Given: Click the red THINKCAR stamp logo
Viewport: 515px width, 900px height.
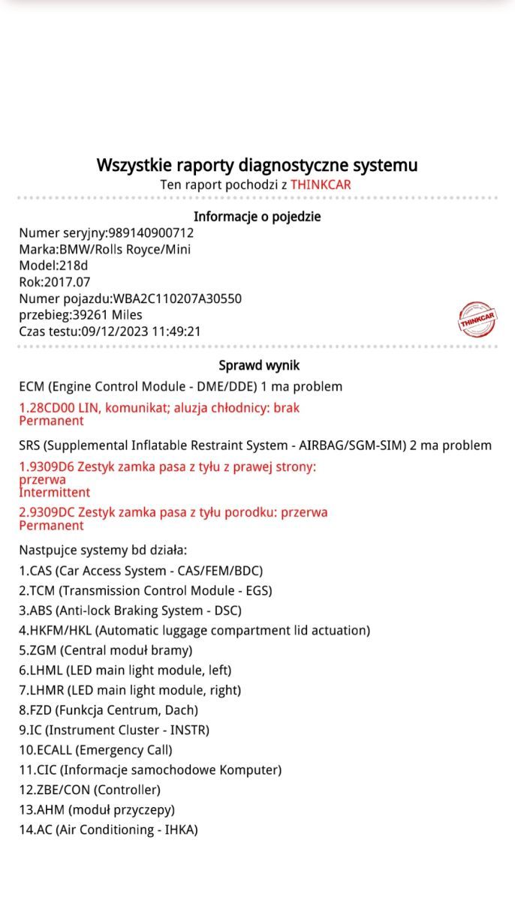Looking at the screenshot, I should pyautogui.click(x=477, y=319).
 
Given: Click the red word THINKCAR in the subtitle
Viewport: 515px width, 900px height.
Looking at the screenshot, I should pyautogui.click(x=321, y=184).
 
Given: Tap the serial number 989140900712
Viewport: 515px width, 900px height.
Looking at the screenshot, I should pyautogui.click(x=151, y=233).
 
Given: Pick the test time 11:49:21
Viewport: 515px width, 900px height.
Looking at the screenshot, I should pyautogui.click(x=176, y=331).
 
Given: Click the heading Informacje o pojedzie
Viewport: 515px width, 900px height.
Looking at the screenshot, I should pyautogui.click(x=257, y=217).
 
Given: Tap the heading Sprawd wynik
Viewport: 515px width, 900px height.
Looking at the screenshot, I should pyautogui.click(x=259, y=366).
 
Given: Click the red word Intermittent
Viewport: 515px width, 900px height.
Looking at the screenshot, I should pyautogui.click(x=54, y=493).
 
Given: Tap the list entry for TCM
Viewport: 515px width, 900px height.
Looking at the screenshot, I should pyautogui.click(x=146, y=591).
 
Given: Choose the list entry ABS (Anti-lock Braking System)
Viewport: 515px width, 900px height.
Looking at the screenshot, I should pyautogui.click(x=130, y=610).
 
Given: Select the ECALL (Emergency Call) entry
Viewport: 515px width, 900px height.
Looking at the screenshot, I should pyautogui.click(x=95, y=750).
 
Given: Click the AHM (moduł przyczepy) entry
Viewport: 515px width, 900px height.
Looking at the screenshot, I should pyautogui.click(x=97, y=810).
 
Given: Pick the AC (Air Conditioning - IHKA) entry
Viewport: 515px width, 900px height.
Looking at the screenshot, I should pyautogui.click(x=108, y=829).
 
